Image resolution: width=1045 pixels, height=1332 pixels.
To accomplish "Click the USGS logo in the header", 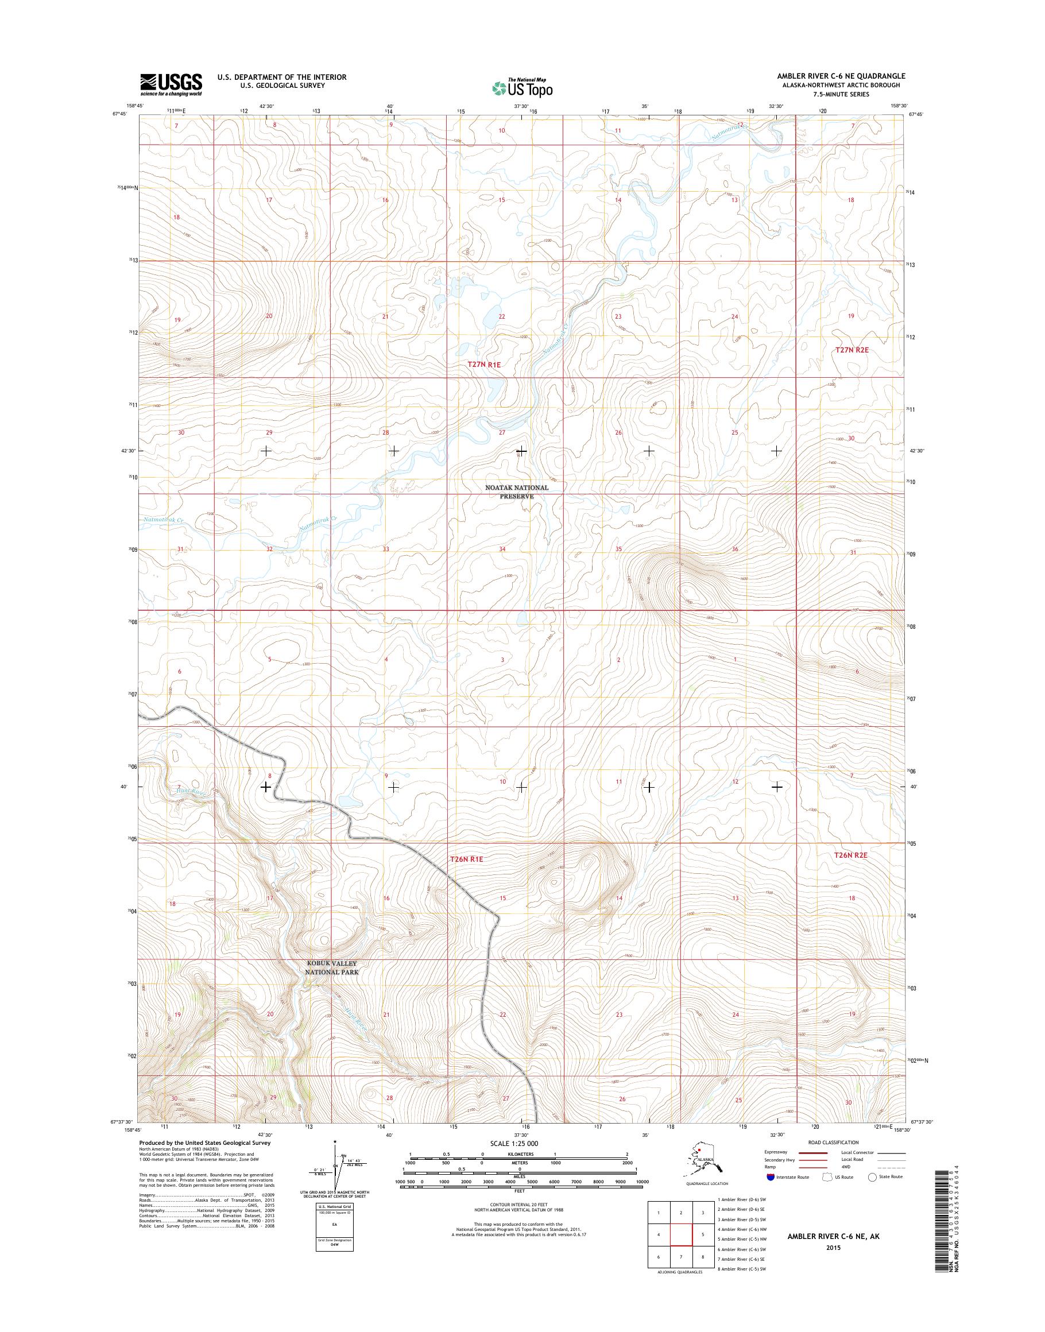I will [x=171, y=84].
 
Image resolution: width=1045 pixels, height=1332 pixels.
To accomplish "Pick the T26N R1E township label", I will [x=467, y=859].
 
